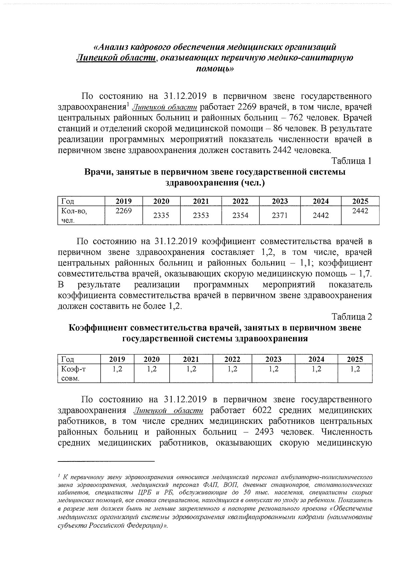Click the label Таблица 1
point(351,161)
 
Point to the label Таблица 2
point(351,317)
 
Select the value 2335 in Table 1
point(161,216)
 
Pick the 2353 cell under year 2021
point(201,216)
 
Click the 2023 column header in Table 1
point(280,201)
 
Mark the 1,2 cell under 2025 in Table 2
point(355,369)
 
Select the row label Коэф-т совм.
point(72,374)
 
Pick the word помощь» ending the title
point(214,69)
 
